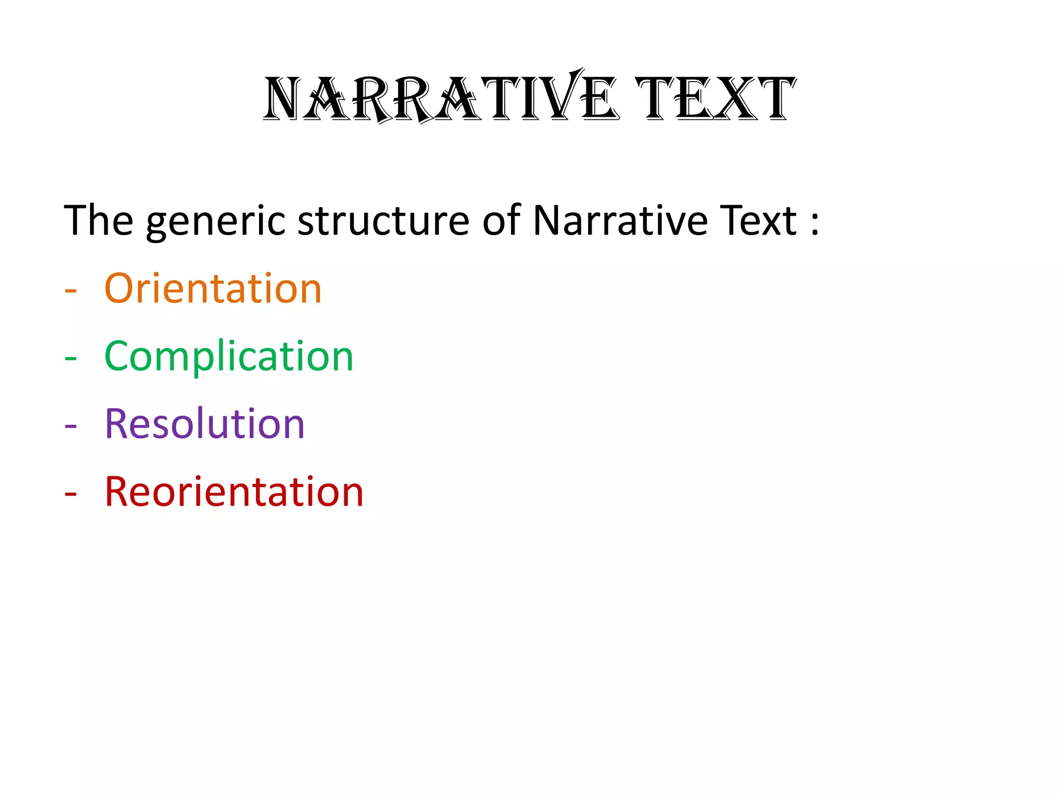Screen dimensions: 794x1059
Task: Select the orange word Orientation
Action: pyautogui.click(x=213, y=288)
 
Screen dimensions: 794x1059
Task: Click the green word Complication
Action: pyautogui.click(x=229, y=357)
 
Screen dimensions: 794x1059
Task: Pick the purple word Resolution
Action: pyautogui.click(x=205, y=424)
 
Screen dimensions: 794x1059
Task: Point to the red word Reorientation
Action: pyautogui.click(x=234, y=492)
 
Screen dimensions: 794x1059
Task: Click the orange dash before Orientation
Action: pyautogui.click(x=71, y=291)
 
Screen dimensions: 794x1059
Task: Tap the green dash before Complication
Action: pyautogui.click(x=71, y=358)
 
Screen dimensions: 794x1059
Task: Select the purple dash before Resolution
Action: pyautogui.click(x=71, y=426)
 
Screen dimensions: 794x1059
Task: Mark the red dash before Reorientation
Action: pyautogui.click(x=71, y=494)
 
